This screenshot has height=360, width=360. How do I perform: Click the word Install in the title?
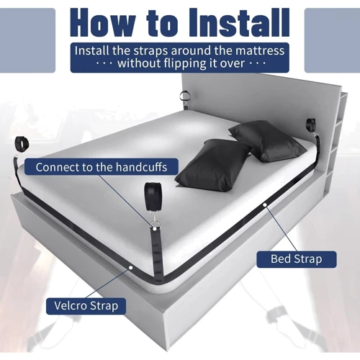coord(239,23)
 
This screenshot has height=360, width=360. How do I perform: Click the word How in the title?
coord(102,23)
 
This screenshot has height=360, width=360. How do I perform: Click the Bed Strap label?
coord(297,259)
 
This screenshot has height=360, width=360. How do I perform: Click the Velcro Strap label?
coord(86,306)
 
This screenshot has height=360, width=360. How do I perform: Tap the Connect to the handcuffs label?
coord(102,167)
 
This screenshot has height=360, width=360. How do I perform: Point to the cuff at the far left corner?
coord(22,144)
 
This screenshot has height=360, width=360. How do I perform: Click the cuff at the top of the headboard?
coord(185,96)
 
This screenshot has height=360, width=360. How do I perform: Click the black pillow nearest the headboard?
coord(268,141)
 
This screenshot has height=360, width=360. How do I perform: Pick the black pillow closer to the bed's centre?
coord(212,165)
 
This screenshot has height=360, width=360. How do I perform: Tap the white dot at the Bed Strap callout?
coord(265,204)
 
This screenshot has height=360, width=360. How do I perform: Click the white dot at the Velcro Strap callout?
coord(131,267)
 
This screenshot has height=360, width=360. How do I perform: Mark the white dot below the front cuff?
coord(155,229)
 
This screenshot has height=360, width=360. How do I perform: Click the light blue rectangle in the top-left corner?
coord(27,40)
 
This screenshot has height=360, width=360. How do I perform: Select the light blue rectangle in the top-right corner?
coord(332,40)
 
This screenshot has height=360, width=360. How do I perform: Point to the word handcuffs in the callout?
coord(141,167)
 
